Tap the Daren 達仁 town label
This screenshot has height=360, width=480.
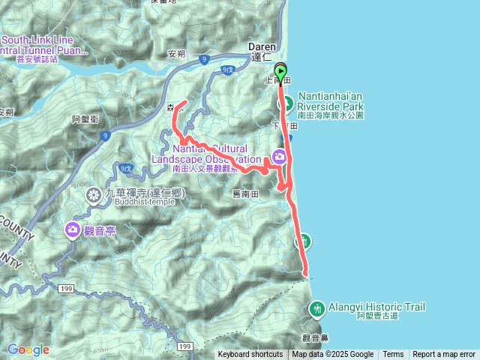(263, 51)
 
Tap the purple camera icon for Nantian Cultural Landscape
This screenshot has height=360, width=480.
(279, 157)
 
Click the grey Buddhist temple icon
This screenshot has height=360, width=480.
(94, 196)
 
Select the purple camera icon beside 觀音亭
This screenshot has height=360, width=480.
(73, 229)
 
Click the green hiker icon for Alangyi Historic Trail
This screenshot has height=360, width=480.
(316, 307)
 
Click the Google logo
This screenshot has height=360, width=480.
(28, 349)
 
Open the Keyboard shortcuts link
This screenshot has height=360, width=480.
(250, 355)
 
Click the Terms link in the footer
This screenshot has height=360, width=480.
(393, 355)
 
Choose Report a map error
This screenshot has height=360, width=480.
(444, 355)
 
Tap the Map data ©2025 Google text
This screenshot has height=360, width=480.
(332, 355)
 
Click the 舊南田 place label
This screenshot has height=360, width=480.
(245, 193)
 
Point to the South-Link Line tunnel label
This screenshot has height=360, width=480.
(45, 45)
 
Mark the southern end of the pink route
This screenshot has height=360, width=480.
(307, 274)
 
